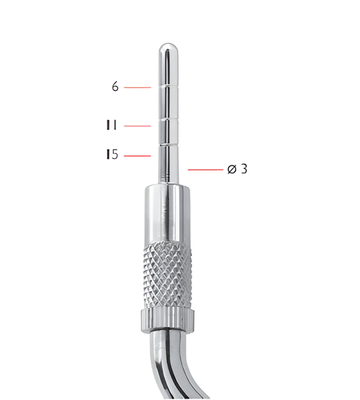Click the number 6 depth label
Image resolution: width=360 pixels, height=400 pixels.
(x=115, y=87)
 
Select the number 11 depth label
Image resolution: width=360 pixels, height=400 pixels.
(x=112, y=125)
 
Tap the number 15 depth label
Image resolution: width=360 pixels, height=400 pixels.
(x=112, y=155)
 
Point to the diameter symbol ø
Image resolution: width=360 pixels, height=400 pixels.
(x=231, y=169)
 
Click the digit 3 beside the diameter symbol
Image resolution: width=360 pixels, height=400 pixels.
(x=244, y=169)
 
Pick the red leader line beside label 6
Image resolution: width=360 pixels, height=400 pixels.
(x=137, y=87)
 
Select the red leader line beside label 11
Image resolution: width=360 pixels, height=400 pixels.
(x=137, y=126)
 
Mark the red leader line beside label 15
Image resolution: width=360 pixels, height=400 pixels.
(x=137, y=156)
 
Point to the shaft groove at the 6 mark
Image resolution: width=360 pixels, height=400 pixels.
(x=165, y=86)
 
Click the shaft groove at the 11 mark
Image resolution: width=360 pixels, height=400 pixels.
(x=165, y=118)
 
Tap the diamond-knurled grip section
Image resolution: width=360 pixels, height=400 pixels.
(x=165, y=273)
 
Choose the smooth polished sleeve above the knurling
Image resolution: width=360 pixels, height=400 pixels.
(x=165, y=212)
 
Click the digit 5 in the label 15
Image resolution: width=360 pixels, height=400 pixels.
(x=114, y=155)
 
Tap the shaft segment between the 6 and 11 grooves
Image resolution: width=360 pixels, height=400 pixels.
(x=165, y=103)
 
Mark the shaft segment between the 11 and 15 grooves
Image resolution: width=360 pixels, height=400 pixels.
(x=165, y=132)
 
